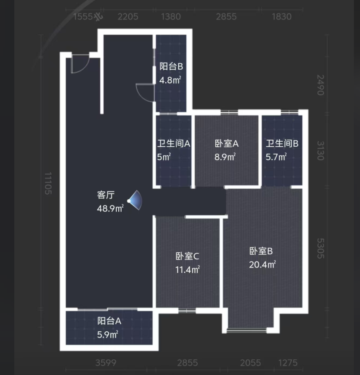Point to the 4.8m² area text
pyautogui.click(x=170, y=80)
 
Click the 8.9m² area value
pyautogui.click(x=225, y=156)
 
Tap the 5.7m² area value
pyautogui.click(x=276, y=156)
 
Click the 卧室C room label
pyautogui.click(x=187, y=256)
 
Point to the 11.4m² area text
pyautogui.click(x=188, y=270)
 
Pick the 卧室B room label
pyautogui.click(x=261, y=251)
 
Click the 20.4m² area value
pyautogui.click(x=262, y=264)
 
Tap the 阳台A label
pyautogui.click(x=109, y=321)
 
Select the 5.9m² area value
pyautogui.click(x=108, y=335)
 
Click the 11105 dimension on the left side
pyautogui.click(x=47, y=183)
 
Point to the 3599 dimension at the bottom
pyautogui.click(x=106, y=362)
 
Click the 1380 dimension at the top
pyautogui.click(x=171, y=17)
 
